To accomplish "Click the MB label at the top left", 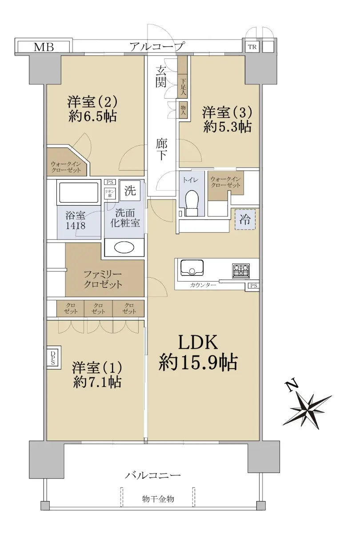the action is tap(44, 47).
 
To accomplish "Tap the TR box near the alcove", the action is tap(252, 47).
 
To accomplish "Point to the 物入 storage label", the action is tap(183, 110).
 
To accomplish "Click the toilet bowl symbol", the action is tap(192, 203).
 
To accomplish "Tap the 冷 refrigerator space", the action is tap(245, 219).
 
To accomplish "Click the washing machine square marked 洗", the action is tap(130, 191).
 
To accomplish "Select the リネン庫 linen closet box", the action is tap(110, 193).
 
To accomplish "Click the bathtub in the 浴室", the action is tap(79, 192).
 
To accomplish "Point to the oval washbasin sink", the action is tap(124, 248).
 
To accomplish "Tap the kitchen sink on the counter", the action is tap(192, 268).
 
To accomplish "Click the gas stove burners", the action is tap(241, 271).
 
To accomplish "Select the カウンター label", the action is tap(203, 285).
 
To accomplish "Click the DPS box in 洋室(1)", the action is tap(54, 358).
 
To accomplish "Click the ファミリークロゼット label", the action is tap(103, 280).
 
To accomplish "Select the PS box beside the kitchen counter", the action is tap(254, 286).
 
